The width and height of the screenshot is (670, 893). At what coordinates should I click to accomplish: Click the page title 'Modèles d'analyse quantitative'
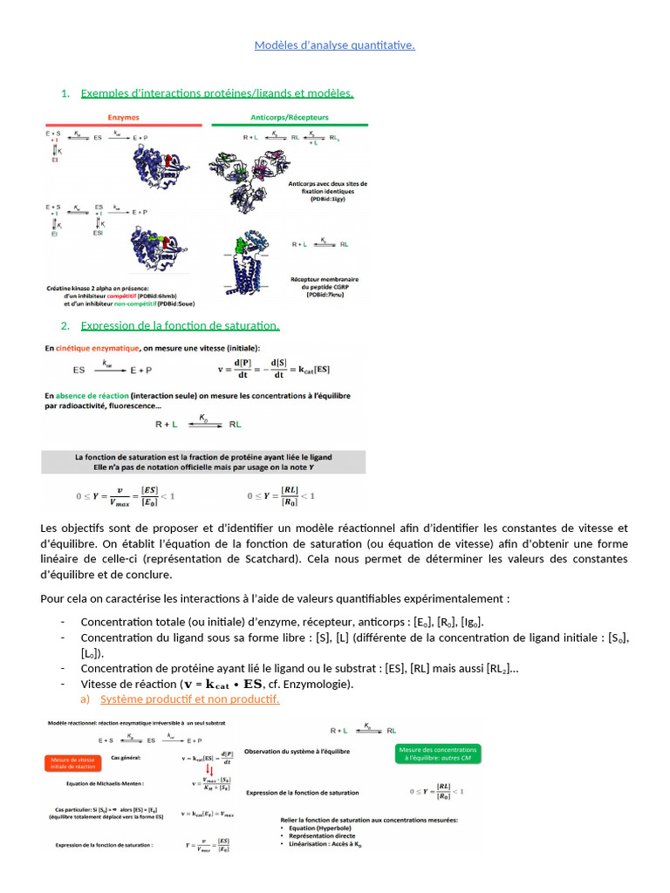click(334, 45)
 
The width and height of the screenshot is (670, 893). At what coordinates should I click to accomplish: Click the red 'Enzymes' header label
click(123, 116)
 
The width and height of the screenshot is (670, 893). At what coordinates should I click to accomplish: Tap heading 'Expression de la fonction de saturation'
click(180, 325)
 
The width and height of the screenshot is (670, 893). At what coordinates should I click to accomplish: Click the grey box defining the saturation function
click(203, 462)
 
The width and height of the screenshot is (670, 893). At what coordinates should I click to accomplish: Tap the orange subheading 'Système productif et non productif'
click(189, 699)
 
